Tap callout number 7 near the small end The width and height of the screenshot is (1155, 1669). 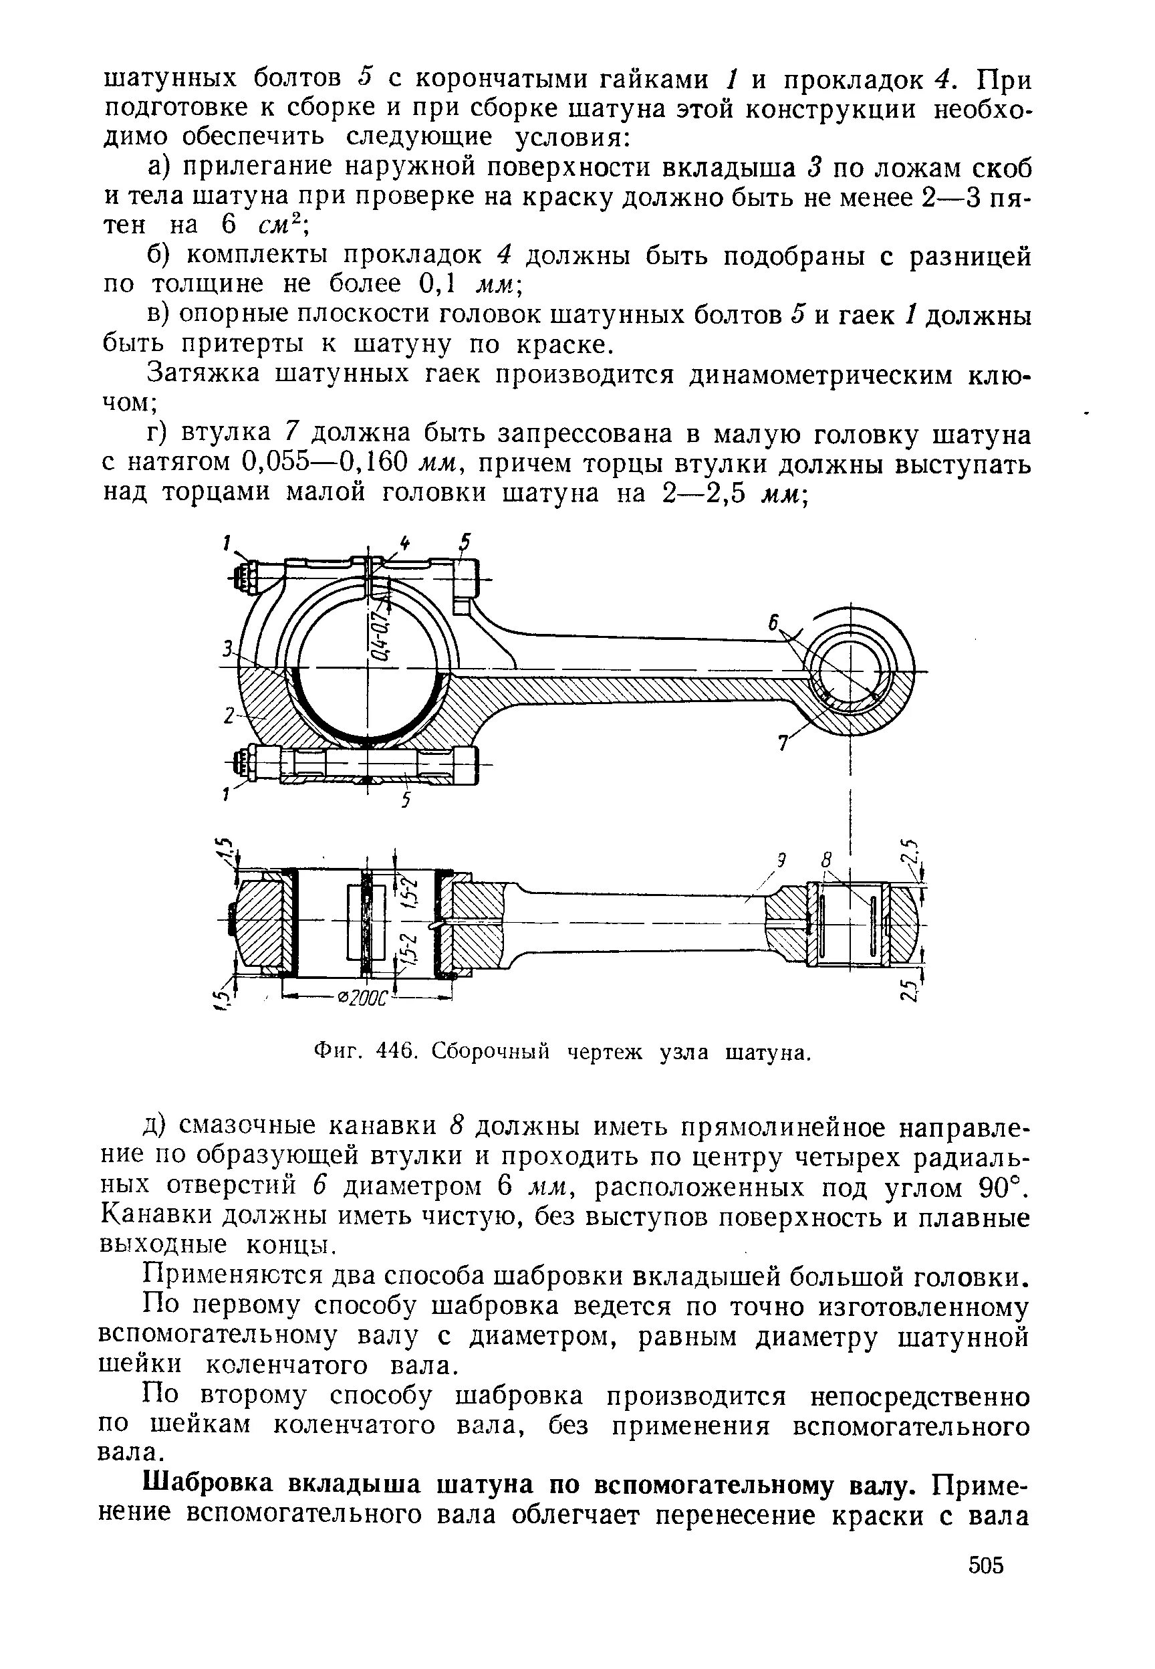(x=782, y=744)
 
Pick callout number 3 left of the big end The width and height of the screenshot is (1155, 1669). (x=227, y=650)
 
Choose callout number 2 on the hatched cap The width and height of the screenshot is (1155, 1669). (x=229, y=715)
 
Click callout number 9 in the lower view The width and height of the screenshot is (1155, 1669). (x=781, y=861)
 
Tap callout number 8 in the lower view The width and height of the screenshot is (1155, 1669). (x=825, y=861)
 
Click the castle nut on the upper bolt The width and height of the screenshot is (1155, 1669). (x=245, y=578)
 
